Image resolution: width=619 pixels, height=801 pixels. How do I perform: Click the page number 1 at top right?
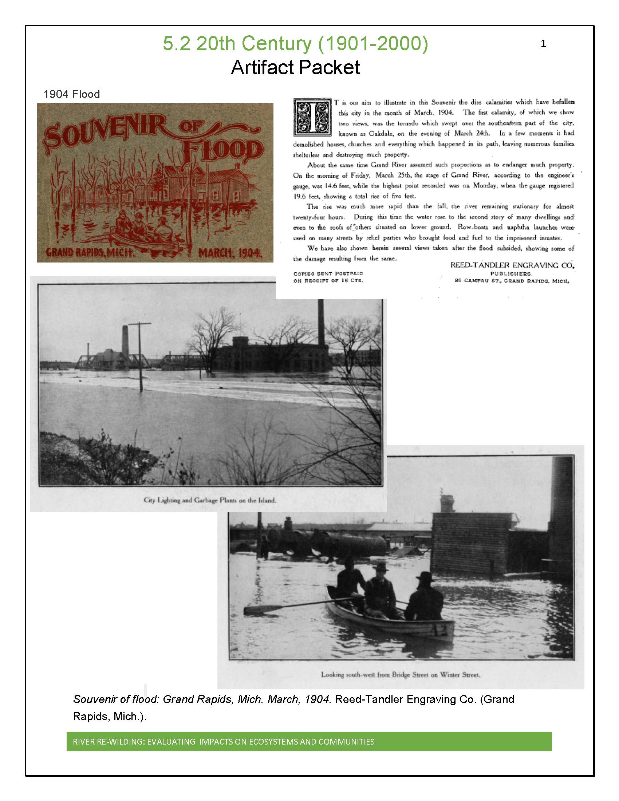tap(543, 44)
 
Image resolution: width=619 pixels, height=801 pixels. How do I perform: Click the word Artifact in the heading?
tap(262, 68)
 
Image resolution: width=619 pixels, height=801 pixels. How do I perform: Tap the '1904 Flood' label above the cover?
tap(71, 94)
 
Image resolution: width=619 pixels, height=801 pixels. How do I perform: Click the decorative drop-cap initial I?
tap(313, 117)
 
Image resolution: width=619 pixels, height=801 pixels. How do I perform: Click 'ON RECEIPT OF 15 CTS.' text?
tap(328, 281)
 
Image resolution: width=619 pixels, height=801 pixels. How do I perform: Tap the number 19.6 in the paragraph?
tap(300, 196)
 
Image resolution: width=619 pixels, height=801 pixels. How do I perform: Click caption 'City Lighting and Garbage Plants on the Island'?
tap(209, 500)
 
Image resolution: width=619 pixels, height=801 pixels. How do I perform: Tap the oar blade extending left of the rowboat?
tap(253, 610)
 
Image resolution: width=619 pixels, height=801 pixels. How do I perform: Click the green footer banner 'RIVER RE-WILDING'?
tap(309, 742)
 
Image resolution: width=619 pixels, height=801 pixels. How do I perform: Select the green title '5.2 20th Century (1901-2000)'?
tap(295, 44)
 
